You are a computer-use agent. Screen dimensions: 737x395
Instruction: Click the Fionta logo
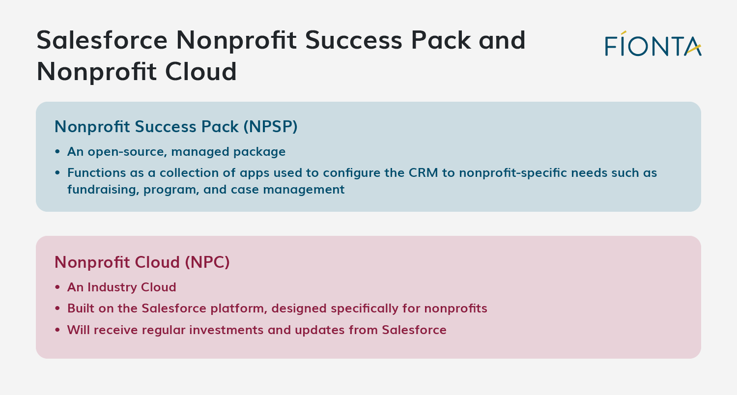click(653, 44)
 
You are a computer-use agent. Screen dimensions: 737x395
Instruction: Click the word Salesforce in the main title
click(102, 40)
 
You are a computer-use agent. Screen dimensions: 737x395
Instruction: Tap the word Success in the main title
click(354, 40)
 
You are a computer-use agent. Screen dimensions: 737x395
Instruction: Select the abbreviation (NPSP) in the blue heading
click(270, 127)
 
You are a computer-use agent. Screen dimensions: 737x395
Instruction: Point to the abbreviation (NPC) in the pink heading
click(207, 262)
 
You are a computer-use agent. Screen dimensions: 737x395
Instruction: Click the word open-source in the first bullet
click(127, 152)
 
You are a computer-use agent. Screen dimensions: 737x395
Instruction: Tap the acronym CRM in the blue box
click(424, 172)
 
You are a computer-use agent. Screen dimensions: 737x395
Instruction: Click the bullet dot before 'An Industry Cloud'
click(57, 287)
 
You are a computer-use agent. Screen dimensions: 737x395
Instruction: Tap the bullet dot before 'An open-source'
click(57, 152)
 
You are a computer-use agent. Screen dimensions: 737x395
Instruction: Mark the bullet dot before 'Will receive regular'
click(57, 330)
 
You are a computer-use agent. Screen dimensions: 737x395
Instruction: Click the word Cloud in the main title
click(200, 72)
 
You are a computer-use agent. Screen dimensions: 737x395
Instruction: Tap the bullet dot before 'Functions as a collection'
click(57, 172)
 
